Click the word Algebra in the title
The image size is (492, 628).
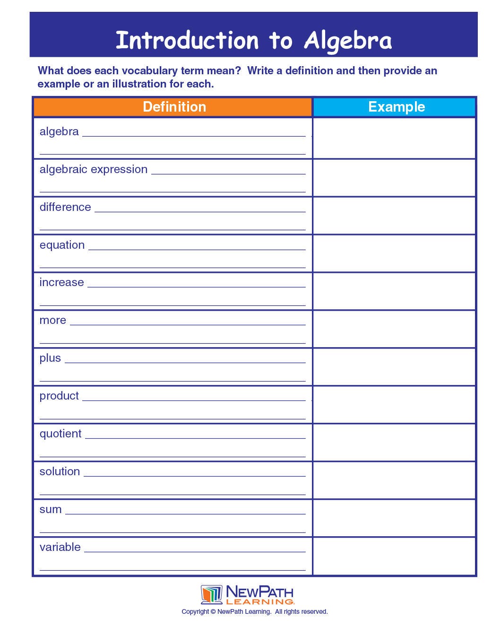pos(348,41)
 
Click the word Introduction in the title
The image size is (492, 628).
pos(187,41)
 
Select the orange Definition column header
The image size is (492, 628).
pos(174,107)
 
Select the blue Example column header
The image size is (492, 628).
pos(396,107)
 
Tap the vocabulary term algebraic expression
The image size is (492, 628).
pos(94,169)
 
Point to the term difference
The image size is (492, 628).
pos(65,207)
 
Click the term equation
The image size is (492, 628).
pos(62,245)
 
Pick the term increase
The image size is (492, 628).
pos(61,282)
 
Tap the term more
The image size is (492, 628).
pos(52,321)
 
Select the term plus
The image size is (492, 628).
pos(50,358)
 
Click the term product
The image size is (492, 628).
pos(59,396)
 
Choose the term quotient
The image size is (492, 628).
pos(60,434)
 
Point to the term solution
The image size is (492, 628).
pos(60,471)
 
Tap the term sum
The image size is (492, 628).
pos(51,510)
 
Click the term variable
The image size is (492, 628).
pos(60,547)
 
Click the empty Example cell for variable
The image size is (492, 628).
pos(394,556)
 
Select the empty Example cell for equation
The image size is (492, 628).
pos(394,253)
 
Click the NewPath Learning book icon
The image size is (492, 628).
pos(211,594)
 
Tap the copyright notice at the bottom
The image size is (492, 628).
pos(254,611)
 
